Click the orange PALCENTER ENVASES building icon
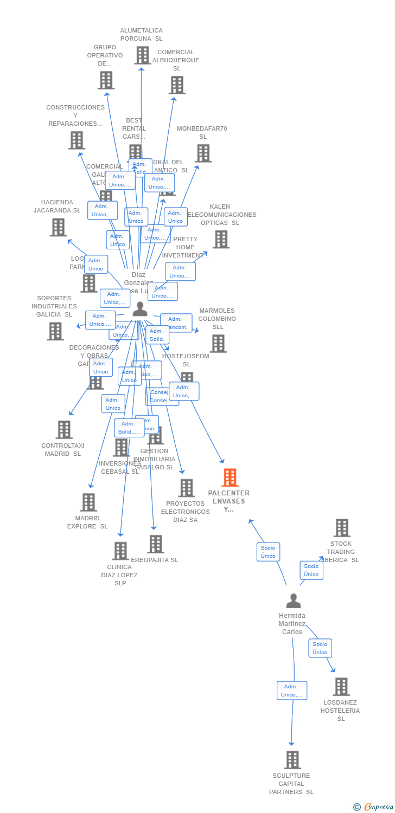point(230,478)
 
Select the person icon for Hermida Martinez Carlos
point(294,601)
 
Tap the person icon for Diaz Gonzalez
point(140,309)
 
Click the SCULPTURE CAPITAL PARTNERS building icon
point(292,760)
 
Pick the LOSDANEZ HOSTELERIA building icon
point(341,687)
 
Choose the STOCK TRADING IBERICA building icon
point(342,528)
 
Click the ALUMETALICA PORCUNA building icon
point(142,55)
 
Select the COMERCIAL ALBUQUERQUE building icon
point(177,85)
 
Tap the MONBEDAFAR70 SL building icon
point(203,153)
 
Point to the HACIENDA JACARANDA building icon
point(58,227)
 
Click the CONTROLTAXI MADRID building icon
point(64,430)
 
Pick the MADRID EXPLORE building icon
point(88,502)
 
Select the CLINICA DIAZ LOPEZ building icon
point(120,551)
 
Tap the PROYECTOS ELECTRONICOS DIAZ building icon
point(187,488)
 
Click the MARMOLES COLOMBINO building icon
point(218,344)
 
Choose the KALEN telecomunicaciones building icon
point(221,240)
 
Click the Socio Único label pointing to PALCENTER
point(268,552)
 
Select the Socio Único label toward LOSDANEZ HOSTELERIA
point(320,648)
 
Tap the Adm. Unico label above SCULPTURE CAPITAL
point(292,691)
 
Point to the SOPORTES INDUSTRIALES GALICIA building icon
point(55,331)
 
